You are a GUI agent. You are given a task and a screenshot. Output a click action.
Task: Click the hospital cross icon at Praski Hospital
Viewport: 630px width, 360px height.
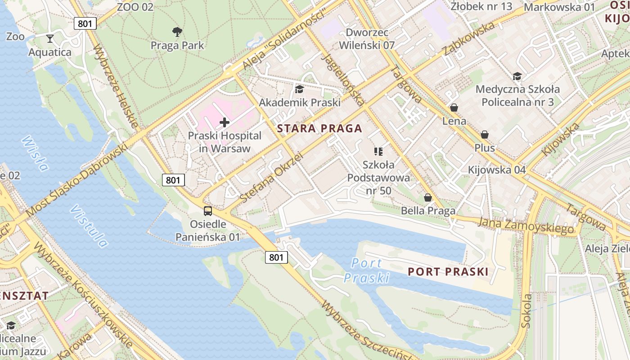[x=224, y=122]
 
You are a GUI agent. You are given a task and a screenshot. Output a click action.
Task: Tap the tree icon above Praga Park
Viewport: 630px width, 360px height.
[x=177, y=31]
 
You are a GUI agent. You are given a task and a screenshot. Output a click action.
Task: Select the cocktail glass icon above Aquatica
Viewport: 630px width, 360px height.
[x=50, y=39]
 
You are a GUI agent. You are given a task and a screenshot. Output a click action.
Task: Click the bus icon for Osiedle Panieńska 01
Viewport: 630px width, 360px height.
[x=208, y=211]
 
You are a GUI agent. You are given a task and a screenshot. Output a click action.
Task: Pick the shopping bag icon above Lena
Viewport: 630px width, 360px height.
[x=454, y=108]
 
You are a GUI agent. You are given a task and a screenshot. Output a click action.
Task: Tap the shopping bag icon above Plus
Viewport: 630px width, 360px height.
[x=485, y=135]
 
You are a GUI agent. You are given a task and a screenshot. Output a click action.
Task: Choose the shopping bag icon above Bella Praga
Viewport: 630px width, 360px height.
[x=428, y=198]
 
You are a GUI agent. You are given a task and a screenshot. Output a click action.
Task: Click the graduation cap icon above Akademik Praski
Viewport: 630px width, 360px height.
[x=299, y=90]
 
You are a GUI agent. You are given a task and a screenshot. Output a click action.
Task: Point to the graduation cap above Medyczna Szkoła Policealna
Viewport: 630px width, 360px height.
[x=517, y=76]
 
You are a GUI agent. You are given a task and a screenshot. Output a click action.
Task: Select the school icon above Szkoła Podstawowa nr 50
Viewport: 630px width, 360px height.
[x=378, y=152]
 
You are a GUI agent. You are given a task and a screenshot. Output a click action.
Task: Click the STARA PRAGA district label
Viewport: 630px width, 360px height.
[x=319, y=129]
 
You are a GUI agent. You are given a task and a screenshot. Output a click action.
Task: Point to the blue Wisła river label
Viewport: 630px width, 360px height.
[x=35, y=153]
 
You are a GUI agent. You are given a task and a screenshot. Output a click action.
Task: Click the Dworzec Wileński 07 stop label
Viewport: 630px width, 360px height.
[x=366, y=39]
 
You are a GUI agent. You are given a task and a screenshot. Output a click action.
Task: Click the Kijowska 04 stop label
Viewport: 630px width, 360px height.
[x=497, y=170]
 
